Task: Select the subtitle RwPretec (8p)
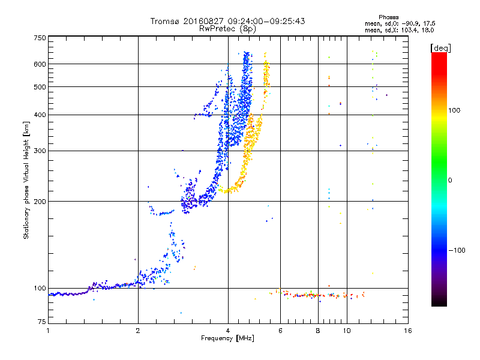pos(227,29)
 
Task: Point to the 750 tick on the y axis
pos(40,38)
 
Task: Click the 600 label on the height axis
pos(40,64)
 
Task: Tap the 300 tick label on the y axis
pos(40,151)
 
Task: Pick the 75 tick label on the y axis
pos(42,322)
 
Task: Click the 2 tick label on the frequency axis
pos(138,331)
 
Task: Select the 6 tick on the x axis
pos(280,331)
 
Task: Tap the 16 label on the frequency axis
pos(408,331)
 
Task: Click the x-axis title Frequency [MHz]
pos(227,338)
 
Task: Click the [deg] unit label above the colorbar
pos(440,48)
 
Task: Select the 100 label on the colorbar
pos(454,110)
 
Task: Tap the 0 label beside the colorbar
pos(450,181)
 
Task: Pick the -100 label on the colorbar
pos(457,250)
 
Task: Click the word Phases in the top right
pos(389,17)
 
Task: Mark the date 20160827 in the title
pos(203,21)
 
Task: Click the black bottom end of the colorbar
pos(439,304)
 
